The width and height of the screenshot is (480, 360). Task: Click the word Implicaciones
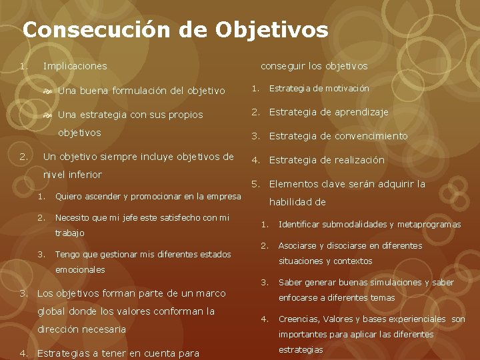[x=75, y=66]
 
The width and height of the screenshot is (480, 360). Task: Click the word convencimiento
[x=371, y=136]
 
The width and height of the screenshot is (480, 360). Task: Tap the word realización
[x=360, y=160]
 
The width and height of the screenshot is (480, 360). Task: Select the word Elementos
[x=292, y=184]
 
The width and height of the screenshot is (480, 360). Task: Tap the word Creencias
[x=297, y=319]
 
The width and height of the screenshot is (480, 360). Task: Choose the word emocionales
[x=80, y=269]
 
